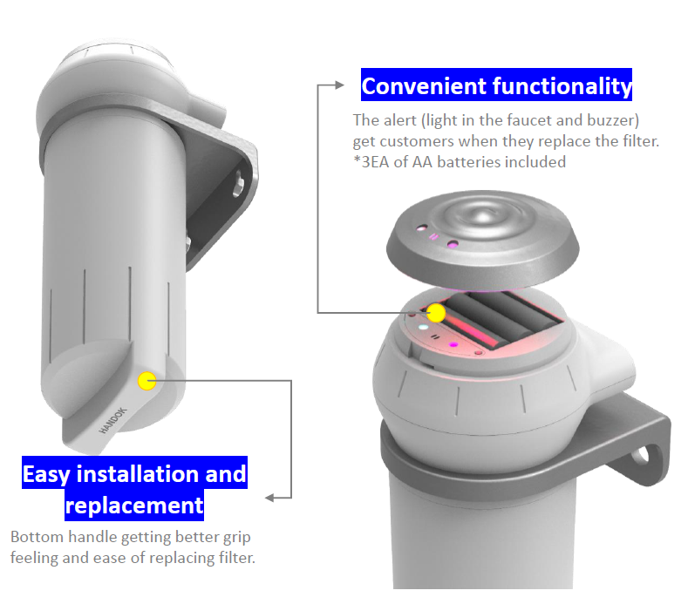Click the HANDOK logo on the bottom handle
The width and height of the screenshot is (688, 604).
coord(112,421)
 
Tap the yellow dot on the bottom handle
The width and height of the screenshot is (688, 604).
coord(146,381)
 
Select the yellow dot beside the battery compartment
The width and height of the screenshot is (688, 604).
coord(436,313)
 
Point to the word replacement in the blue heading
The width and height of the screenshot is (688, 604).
coord(134,506)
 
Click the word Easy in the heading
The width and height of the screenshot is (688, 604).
coord(46,475)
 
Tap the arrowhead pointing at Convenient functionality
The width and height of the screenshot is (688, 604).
coord(339,85)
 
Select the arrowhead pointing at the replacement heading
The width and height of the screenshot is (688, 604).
coord(269,498)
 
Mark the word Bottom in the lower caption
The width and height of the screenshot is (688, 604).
coord(37,537)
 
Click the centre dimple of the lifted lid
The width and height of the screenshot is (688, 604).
coord(482,216)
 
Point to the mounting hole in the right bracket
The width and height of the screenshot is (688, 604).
coord(642,455)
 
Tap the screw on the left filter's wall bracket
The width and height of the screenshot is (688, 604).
coord(239,184)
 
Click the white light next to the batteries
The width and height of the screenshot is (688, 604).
coord(423,327)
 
